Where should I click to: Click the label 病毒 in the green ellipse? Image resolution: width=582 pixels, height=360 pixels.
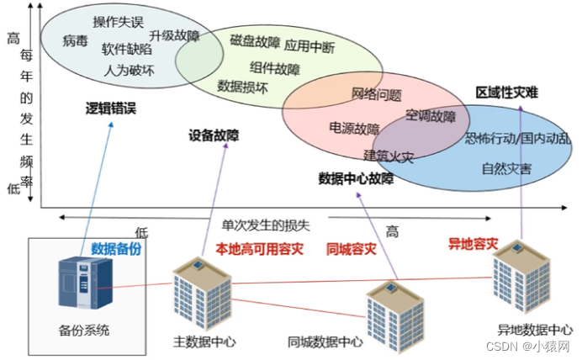(x=75, y=40)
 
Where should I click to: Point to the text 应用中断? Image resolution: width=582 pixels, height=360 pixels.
(x=309, y=45)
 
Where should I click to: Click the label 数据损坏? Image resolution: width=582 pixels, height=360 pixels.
(x=243, y=86)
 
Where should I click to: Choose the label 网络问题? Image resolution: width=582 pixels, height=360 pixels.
(x=376, y=94)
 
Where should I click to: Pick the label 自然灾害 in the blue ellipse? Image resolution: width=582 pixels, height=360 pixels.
(x=506, y=168)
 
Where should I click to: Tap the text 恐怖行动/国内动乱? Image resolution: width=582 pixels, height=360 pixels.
(x=516, y=137)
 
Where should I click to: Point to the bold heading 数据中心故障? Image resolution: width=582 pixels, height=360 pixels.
(x=355, y=178)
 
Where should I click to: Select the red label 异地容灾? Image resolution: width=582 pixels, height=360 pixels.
(x=473, y=244)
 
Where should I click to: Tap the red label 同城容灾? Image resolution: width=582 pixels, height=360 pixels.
(x=351, y=249)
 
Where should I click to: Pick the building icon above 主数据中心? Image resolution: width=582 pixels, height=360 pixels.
(x=201, y=294)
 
